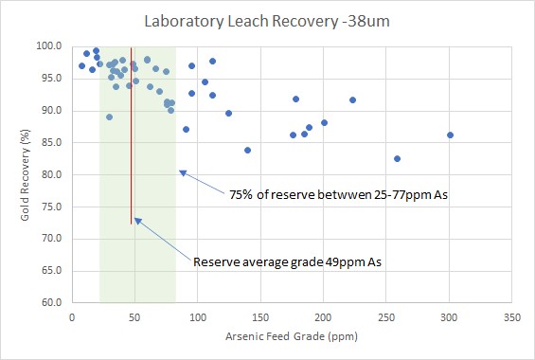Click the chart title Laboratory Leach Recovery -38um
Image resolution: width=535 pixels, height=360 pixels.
[267, 20]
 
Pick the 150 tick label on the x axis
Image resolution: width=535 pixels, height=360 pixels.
[260, 316]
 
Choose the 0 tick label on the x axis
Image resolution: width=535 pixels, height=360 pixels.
[72, 316]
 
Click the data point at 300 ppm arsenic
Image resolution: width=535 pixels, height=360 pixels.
[450, 135]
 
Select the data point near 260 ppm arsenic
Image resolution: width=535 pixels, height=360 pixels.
[397, 158]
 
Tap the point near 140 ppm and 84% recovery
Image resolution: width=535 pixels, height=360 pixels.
[247, 150]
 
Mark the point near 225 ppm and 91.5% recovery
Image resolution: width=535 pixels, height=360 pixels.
[352, 99]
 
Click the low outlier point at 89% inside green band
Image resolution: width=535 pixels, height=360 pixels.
[109, 117]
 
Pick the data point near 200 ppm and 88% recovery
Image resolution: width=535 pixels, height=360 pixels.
[324, 122]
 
